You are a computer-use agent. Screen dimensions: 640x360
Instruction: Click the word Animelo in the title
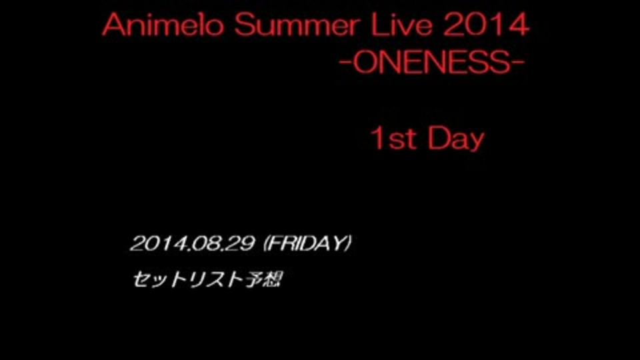point(163,25)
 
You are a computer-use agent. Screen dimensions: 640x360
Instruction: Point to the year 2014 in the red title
point(486,25)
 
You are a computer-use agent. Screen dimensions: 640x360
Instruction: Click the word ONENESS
point(432,63)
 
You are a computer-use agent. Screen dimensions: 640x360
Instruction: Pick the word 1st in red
point(393,139)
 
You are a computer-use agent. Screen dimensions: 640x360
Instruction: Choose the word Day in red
point(456,140)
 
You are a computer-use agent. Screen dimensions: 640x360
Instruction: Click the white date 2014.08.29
point(192,244)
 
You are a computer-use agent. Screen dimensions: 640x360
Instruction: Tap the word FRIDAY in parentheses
point(307,243)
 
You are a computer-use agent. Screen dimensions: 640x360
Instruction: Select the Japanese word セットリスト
point(188,279)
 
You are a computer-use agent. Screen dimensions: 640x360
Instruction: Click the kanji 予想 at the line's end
point(263,279)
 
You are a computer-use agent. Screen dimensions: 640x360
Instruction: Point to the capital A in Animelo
point(113,25)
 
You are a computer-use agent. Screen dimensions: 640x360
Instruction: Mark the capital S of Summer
point(245,25)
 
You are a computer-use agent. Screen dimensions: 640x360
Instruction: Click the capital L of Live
point(378,25)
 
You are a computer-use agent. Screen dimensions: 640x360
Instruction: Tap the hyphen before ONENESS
point(345,65)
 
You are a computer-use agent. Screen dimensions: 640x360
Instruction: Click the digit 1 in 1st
point(377,139)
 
